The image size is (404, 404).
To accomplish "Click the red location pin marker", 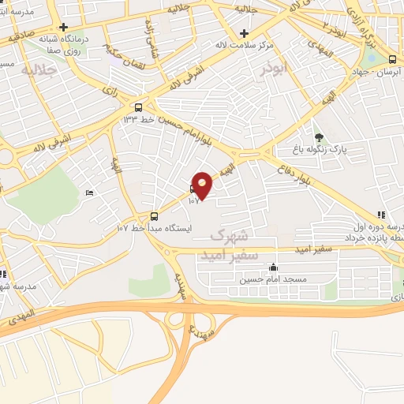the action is pos(203,185).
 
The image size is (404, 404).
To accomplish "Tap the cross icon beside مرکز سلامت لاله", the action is pos(245,33).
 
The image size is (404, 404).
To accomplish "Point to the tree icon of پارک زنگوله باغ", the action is pos(319,137).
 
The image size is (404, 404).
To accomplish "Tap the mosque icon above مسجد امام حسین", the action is pos(273,267).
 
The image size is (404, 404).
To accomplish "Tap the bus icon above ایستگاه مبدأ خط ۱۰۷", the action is pos(154,215).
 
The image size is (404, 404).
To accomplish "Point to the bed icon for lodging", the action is pos(89,193).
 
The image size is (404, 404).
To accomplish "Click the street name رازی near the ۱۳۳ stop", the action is pos(110,92).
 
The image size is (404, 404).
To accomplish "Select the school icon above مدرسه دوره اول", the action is pos(382,214).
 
